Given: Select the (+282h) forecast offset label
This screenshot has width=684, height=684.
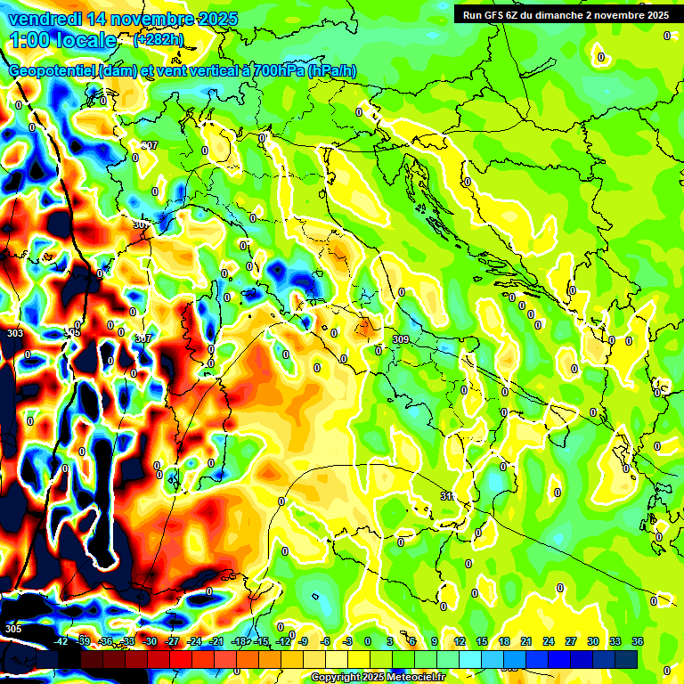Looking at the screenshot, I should click(159, 40).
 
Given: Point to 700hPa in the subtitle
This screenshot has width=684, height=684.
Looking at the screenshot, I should click(276, 72).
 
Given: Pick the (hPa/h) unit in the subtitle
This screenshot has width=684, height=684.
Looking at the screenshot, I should click(333, 72).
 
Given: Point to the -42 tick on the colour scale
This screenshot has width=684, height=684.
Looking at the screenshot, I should click(61, 641).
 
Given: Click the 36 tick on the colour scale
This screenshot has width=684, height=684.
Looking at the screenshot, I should click(638, 641).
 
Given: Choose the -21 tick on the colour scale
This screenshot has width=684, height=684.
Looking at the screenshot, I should click(216, 641).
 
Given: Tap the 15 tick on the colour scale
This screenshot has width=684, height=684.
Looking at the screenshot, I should click(481, 641).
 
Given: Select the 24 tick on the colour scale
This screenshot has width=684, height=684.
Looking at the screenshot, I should click(548, 641).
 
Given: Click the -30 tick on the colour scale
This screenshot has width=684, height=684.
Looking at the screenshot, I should click(150, 641).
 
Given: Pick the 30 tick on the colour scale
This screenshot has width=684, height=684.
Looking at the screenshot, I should click(593, 641).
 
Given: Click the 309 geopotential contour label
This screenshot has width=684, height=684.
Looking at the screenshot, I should click(401, 339).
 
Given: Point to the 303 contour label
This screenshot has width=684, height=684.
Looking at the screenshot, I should click(14, 333).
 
